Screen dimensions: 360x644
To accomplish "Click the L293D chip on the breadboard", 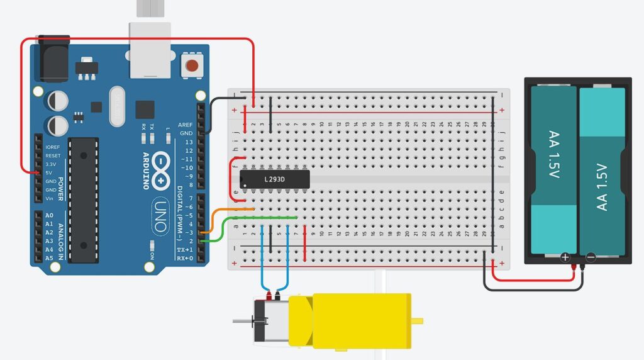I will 275,179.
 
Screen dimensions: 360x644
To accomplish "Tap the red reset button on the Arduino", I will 191,65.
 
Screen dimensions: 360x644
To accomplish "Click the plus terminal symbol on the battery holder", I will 565,257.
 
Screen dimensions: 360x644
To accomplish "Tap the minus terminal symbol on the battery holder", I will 591,257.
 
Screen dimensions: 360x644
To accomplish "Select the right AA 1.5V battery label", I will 602,186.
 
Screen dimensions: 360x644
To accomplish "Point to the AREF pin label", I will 186,125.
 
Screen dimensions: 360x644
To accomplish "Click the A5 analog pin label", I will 49,258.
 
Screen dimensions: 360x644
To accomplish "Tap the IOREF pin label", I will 53,147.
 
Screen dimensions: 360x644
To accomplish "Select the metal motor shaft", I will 243,322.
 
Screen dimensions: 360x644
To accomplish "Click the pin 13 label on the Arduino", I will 189,142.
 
